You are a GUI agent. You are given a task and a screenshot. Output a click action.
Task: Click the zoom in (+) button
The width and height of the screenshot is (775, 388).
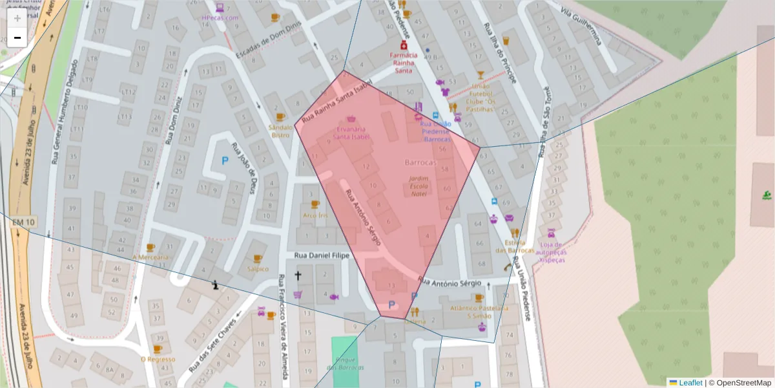click(17, 18)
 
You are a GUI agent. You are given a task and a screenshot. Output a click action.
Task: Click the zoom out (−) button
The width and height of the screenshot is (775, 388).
click(17, 38)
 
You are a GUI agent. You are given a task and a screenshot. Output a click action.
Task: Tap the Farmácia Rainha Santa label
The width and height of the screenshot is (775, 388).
click(403, 63)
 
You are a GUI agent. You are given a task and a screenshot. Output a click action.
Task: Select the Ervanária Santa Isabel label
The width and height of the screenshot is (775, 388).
click(351, 133)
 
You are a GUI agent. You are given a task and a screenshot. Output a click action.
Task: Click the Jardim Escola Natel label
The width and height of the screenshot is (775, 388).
click(418, 186)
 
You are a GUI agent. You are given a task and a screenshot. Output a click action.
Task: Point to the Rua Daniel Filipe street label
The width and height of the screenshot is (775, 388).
click(322, 256)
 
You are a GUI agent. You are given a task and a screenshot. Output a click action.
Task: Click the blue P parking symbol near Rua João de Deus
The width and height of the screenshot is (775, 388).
click(225, 160)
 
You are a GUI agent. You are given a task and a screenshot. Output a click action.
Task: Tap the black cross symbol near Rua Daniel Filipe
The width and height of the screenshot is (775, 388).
click(298, 276)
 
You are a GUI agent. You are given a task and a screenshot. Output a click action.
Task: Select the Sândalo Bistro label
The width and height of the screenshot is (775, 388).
click(280, 131)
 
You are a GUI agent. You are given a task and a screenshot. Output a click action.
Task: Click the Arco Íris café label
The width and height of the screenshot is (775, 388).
click(314, 215)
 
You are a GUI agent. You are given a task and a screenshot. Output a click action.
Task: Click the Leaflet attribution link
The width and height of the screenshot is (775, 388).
click(690, 383)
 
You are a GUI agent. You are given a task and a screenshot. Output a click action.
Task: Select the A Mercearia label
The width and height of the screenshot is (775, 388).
click(150, 257)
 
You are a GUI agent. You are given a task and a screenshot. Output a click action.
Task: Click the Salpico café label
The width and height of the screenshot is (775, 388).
click(258, 268)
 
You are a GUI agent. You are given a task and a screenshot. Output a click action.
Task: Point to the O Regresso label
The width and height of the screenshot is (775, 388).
click(158, 359)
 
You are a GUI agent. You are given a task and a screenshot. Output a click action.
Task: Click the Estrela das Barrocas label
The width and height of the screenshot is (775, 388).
click(515, 246)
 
